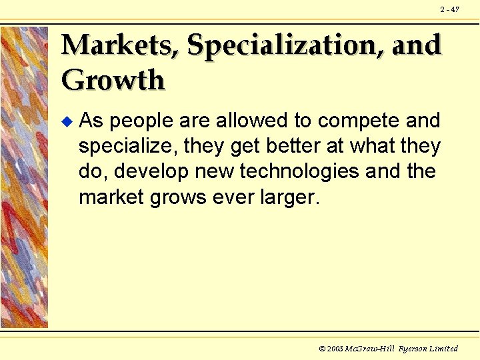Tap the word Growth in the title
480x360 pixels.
(113, 81)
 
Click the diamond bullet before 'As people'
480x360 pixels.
(65, 121)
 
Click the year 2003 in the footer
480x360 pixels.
(333, 349)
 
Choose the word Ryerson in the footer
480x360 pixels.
(414, 349)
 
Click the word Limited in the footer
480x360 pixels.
(445, 349)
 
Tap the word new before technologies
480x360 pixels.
(214, 171)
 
